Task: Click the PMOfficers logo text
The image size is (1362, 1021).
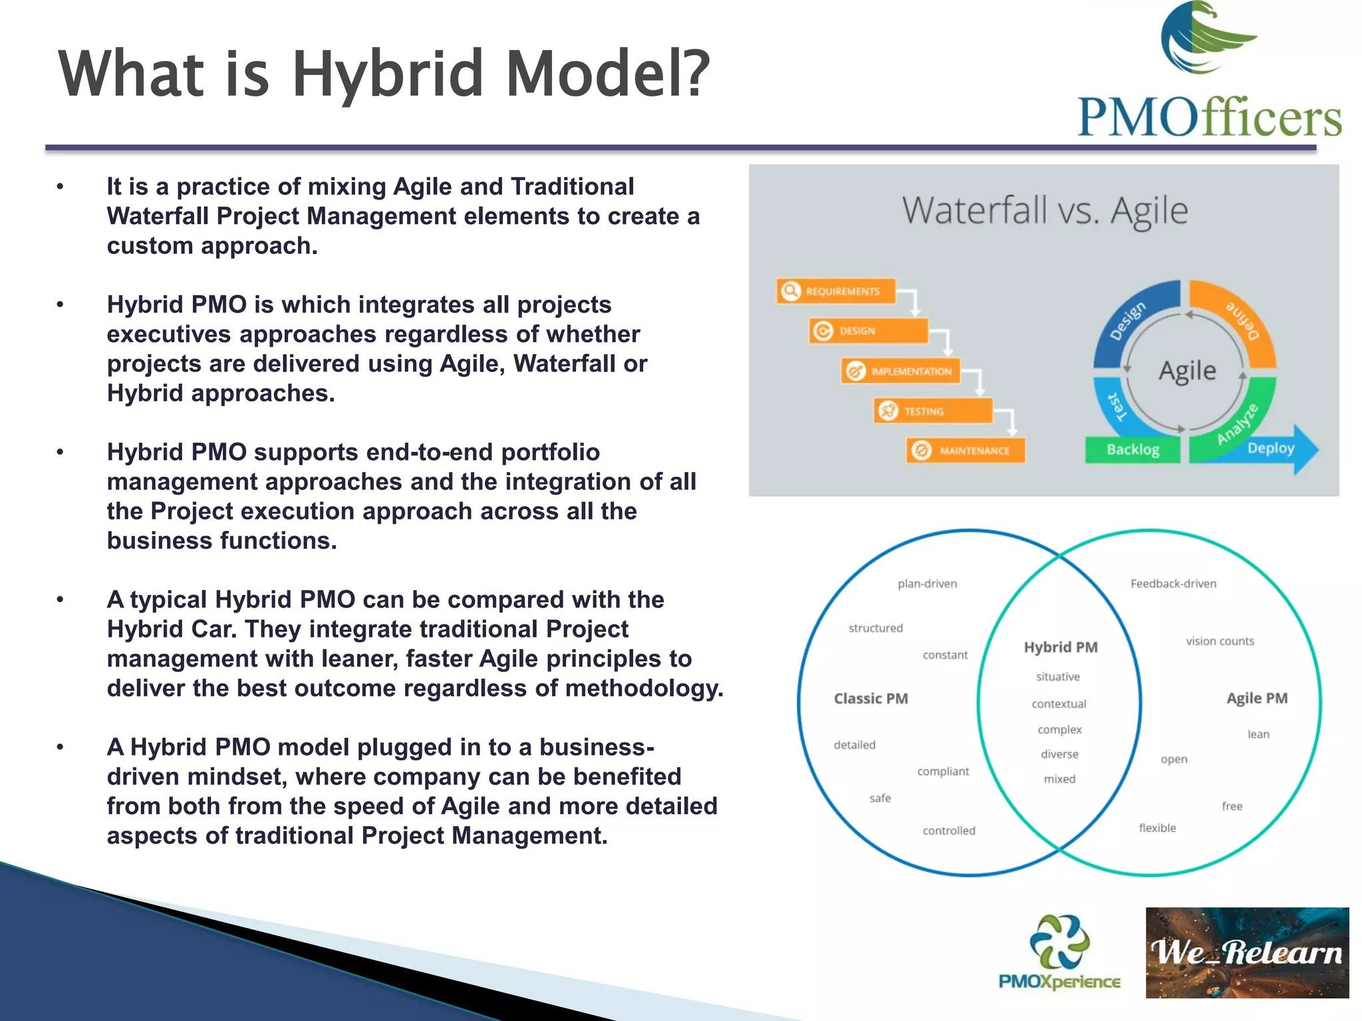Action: tap(1209, 118)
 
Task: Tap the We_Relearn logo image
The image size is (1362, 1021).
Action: tap(1247, 952)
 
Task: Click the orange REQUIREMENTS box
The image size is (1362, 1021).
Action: tap(835, 291)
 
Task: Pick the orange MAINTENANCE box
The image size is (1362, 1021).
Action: tap(966, 451)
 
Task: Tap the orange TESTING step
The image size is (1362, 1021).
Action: tap(933, 411)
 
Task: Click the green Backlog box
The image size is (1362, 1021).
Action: tap(1133, 450)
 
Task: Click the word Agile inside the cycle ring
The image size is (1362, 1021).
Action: tap(1187, 370)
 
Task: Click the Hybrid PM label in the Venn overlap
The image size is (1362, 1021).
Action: tap(1060, 647)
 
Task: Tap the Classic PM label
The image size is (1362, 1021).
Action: tap(871, 699)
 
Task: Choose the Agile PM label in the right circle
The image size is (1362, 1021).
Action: tap(1256, 699)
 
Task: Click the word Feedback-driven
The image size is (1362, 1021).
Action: tap(1173, 584)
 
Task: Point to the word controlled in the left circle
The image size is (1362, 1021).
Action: tap(948, 831)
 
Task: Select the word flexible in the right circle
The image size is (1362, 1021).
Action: tap(1157, 828)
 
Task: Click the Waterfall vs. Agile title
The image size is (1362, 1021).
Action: tap(1044, 211)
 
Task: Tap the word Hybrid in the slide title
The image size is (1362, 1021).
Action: tap(388, 73)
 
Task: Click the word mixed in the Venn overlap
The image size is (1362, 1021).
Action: tap(1059, 779)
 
